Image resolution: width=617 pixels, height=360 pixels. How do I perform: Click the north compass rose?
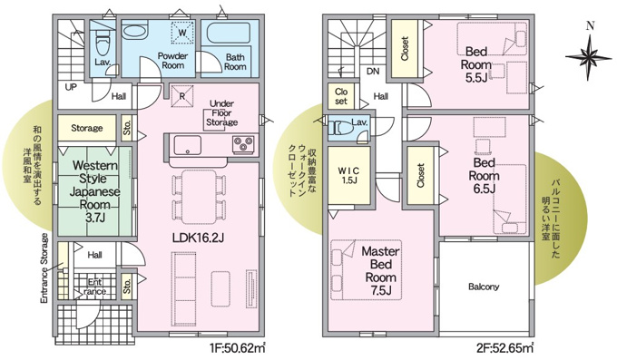coord(587,56)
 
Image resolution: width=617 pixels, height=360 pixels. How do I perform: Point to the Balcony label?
coord(484,287)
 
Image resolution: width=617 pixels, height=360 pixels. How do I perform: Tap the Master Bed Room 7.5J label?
coord(381,269)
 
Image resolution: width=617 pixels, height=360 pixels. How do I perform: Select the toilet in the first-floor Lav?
coord(103,44)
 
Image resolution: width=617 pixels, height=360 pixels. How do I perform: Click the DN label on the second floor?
coord(372,70)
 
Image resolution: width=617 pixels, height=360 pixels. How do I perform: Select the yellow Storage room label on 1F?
coord(87,128)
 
